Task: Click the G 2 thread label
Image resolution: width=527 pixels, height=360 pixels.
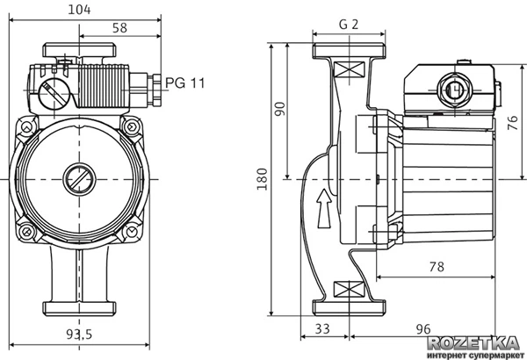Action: (348, 25)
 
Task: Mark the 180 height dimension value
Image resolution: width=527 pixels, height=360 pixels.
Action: (262, 181)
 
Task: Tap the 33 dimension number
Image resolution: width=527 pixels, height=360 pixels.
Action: (323, 329)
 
